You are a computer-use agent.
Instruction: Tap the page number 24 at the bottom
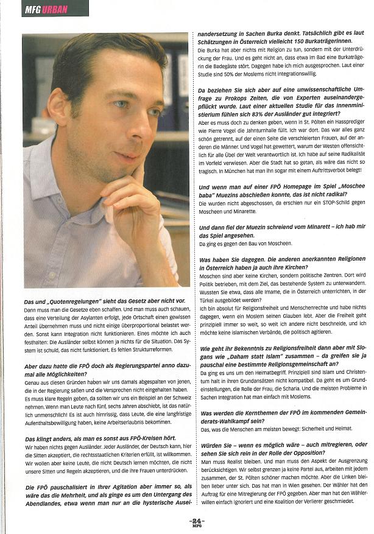point(196,521)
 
